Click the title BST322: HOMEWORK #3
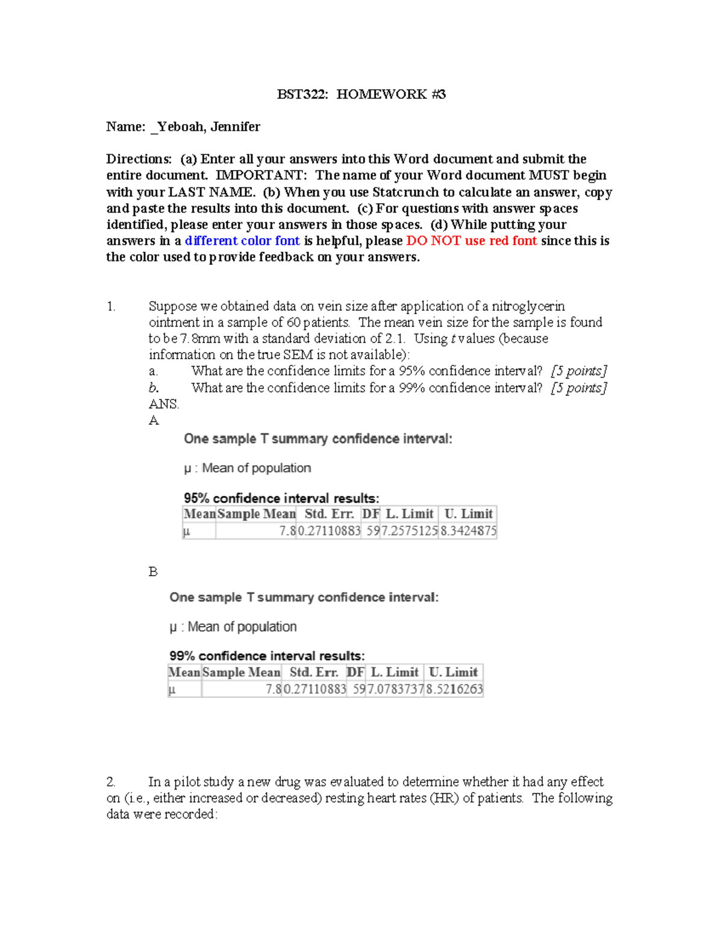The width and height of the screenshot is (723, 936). (361, 94)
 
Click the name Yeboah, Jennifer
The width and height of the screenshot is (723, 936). (208, 127)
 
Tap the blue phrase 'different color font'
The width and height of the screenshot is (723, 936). (242, 241)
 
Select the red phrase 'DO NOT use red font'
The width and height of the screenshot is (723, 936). (472, 241)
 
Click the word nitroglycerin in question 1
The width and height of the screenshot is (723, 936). (528, 306)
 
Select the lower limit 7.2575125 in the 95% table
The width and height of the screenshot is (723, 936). (409, 531)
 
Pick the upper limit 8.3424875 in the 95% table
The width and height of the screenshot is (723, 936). (468, 531)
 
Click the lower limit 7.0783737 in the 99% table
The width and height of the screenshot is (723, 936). (395, 689)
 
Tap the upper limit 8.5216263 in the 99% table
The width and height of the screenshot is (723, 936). (454, 689)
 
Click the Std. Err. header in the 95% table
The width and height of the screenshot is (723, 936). (329, 514)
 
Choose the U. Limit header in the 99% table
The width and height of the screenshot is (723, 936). (453, 673)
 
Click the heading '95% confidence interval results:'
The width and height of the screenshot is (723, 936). (281, 498)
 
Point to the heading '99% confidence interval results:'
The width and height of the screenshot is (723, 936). (267, 656)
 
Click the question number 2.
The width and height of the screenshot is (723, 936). (111, 782)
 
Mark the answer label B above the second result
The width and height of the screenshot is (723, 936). (153, 571)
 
